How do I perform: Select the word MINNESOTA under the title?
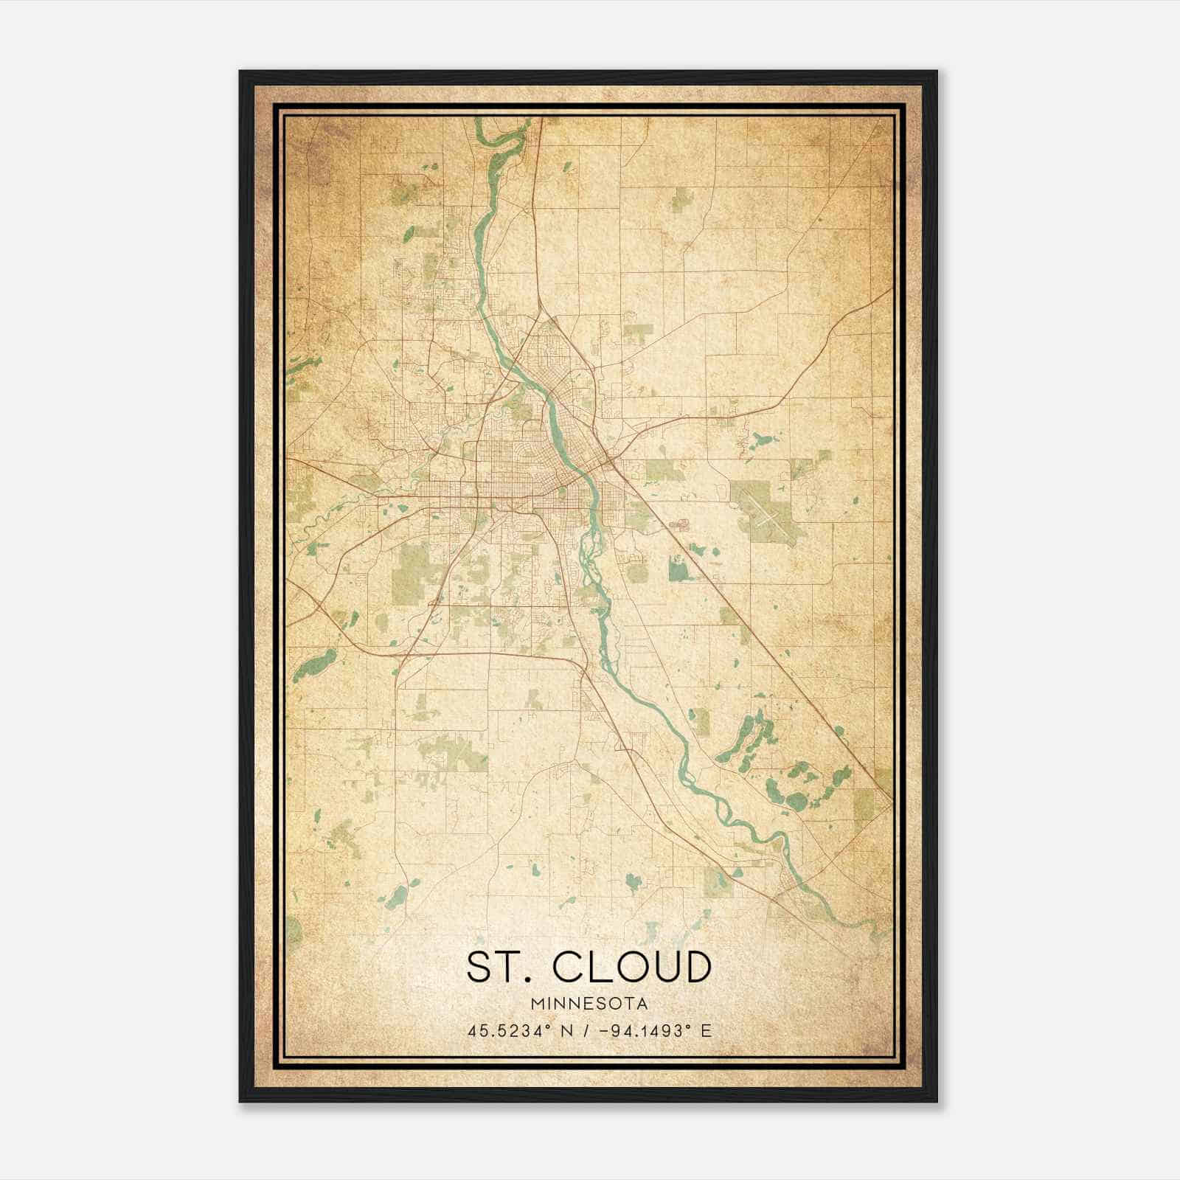click(x=589, y=1004)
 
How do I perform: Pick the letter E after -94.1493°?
click(x=706, y=1031)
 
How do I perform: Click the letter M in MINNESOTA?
click(x=535, y=1004)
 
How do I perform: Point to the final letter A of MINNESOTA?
click(x=643, y=1004)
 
